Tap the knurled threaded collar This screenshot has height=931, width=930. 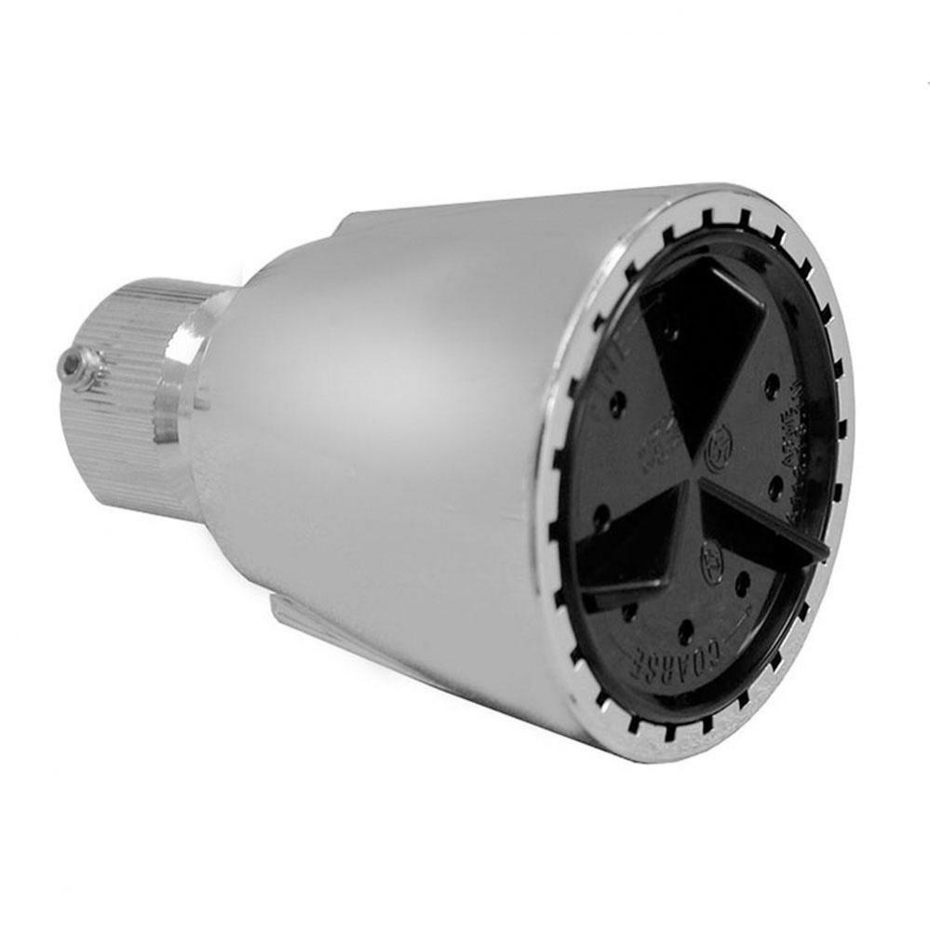click(x=130, y=391)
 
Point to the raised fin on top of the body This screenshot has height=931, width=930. click(x=372, y=222)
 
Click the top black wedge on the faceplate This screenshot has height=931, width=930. click(x=703, y=344)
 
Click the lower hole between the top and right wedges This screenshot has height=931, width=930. click(x=775, y=484)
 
